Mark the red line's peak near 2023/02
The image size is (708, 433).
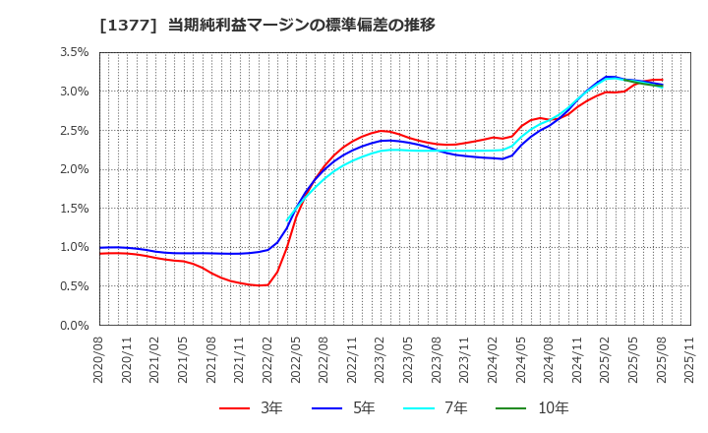pyautogui.click(x=382, y=131)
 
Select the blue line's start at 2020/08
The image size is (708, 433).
pyautogui.click(x=100, y=248)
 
